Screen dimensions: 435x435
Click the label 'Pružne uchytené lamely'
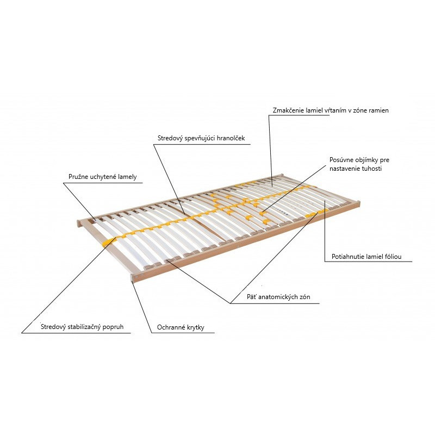click(103, 177)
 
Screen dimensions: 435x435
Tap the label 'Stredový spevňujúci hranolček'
click(201, 138)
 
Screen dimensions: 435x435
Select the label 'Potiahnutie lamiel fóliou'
click(366, 257)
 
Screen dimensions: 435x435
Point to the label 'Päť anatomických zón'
click(278, 297)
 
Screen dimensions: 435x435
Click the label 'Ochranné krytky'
click(181, 327)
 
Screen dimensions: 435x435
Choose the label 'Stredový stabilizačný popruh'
click(82, 327)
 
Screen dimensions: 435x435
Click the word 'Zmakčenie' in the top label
click(288, 110)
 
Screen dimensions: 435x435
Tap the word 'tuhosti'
click(372, 169)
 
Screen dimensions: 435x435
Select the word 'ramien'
click(378, 110)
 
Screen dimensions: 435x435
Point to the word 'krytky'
click(196, 328)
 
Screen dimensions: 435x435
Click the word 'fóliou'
click(392, 257)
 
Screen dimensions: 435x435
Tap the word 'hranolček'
click(231, 138)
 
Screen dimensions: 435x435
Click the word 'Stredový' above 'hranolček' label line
click(170, 138)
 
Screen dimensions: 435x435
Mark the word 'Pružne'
click(78, 177)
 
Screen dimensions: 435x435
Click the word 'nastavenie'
click(345, 169)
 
